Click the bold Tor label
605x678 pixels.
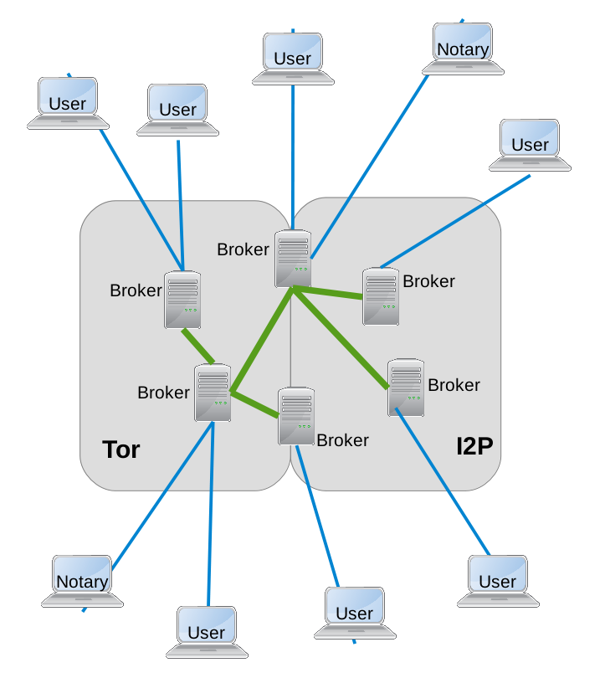pos(120,449)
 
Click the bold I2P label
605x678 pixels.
pos(474,446)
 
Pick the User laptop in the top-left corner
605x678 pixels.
pos(68,103)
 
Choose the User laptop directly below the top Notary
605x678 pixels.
pos(530,144)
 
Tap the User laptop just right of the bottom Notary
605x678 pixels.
pos(206,631)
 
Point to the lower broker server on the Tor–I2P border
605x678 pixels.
pos(296,415)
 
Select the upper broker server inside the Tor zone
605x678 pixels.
pos(182,299)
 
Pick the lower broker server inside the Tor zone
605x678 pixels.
pos(213,393)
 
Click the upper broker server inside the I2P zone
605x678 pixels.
pos(381,295)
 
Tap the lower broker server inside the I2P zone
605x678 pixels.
pos(406,387)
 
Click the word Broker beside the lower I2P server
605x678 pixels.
pos(454,385)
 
